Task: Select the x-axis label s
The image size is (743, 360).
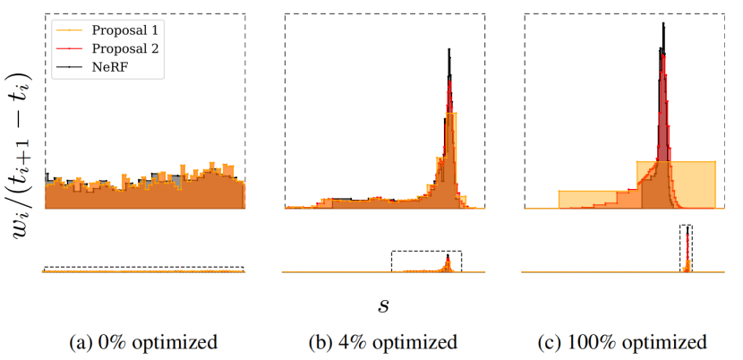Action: coord(383,305)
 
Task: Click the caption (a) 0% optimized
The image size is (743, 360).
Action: coord(142,342)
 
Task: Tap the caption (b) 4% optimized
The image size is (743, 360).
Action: coord(383,342)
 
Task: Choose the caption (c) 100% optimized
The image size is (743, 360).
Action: coord(623,342)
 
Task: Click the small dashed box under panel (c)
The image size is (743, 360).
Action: coord(686,247)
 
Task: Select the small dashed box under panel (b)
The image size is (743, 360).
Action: coord(426,261)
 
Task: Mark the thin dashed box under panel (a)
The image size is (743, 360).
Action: coord(143,269)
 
